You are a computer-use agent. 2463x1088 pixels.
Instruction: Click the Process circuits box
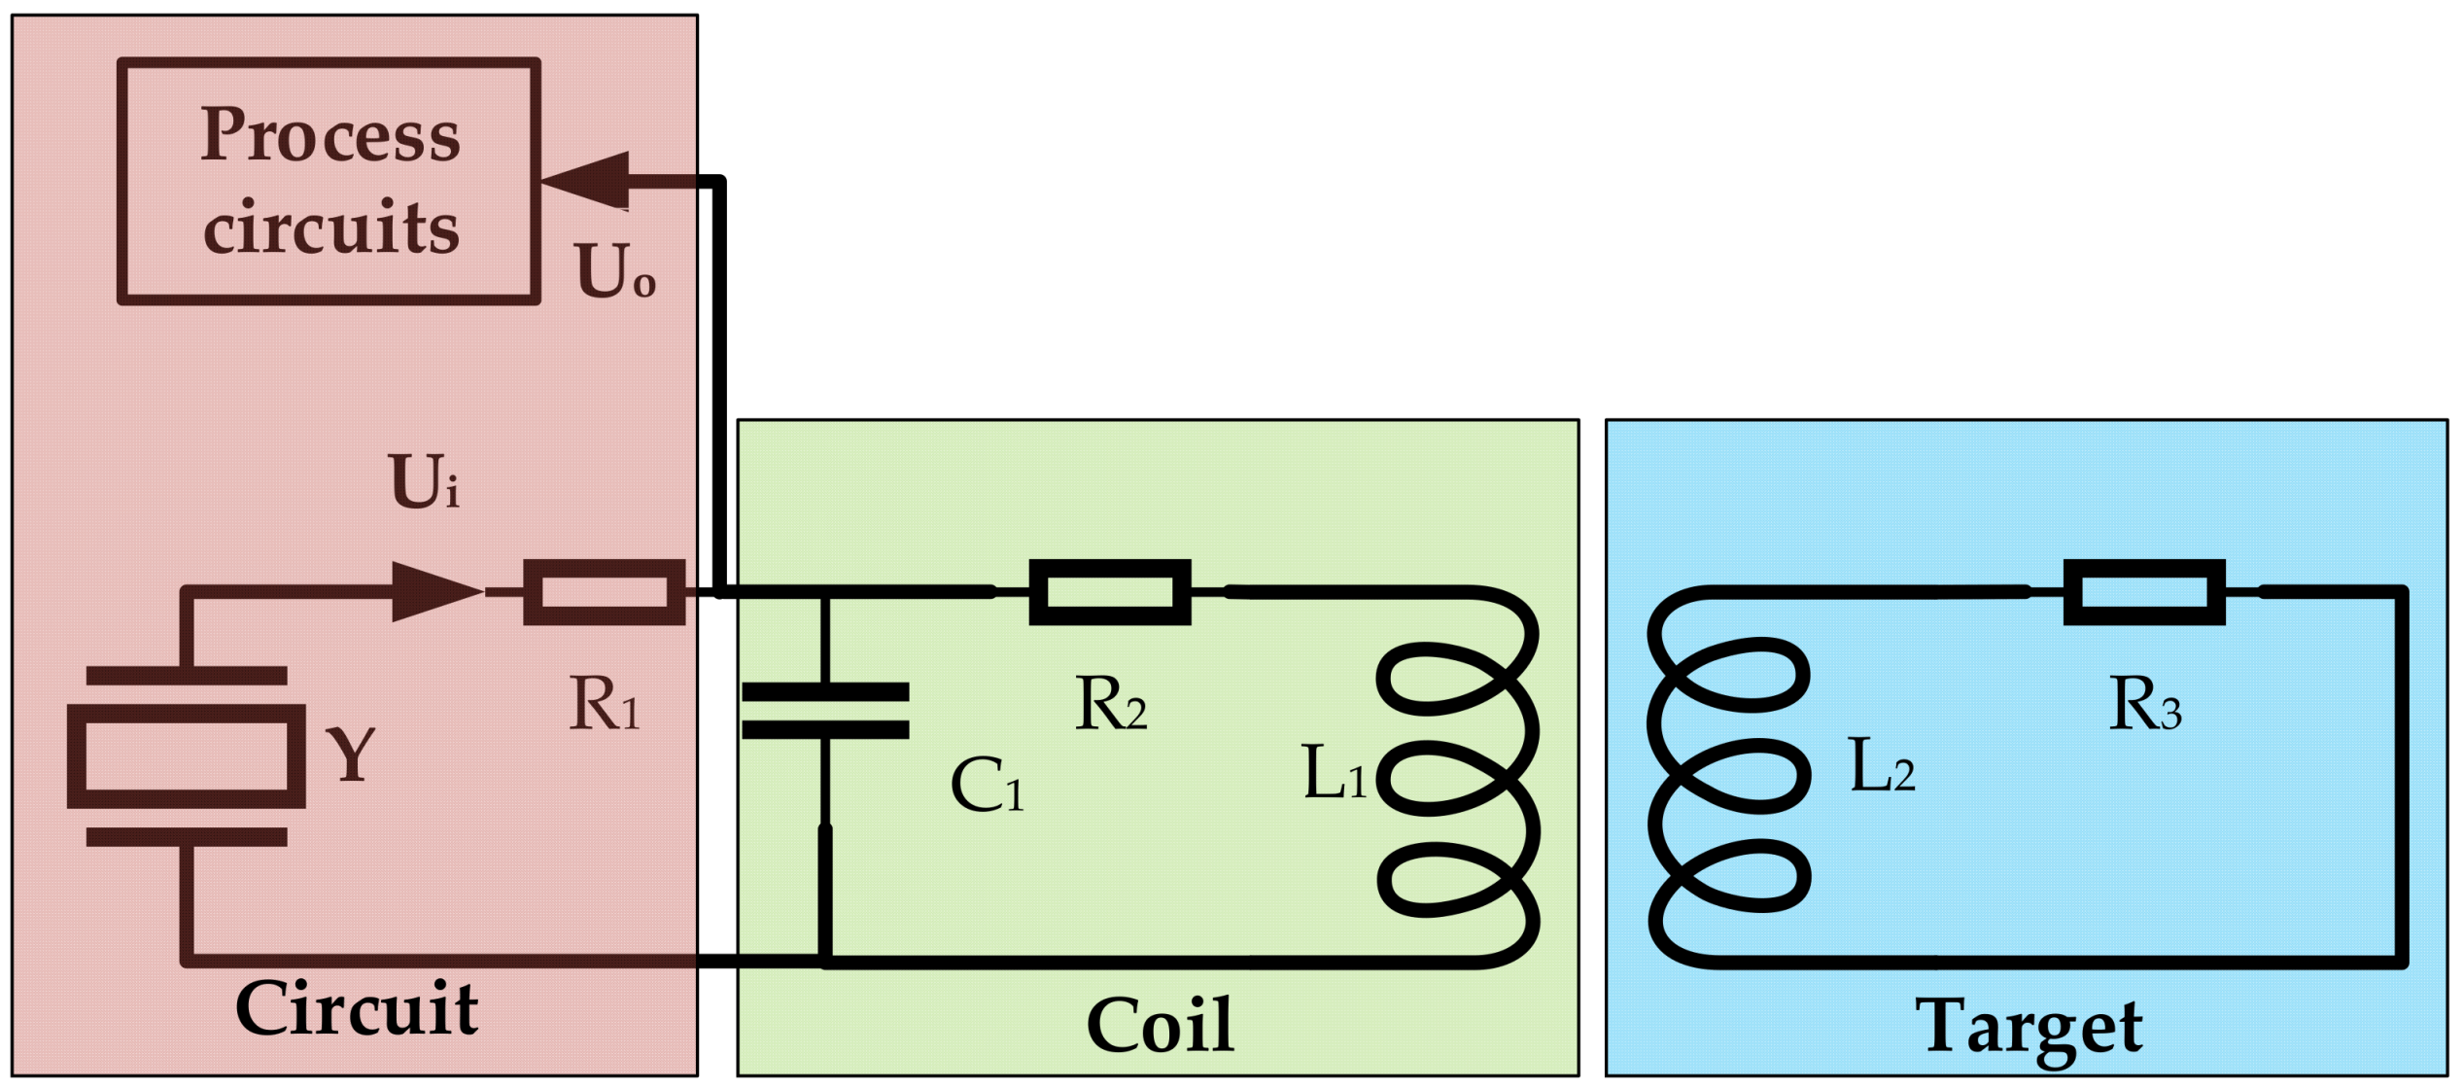tap(329, 182)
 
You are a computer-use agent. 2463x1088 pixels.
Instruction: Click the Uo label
tap(615, 270)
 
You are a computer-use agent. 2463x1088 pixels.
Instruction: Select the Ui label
tap(424, 481)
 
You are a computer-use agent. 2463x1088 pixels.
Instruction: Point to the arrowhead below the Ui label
tap(434, 591)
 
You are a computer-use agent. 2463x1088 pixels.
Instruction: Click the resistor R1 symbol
tap(604, 592)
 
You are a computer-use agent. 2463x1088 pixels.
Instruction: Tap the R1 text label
tap(604, 703)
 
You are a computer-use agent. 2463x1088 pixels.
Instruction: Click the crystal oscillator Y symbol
tap(186, 756)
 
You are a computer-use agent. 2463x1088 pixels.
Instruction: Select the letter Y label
tap(350, 755)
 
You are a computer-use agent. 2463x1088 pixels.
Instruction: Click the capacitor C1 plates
tap(825, 711)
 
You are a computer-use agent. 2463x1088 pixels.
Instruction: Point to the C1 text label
tap(986, 786)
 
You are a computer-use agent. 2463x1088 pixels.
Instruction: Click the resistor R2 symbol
tap(1110, 592)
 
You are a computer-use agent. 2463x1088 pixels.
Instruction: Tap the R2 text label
tap(1110, 703)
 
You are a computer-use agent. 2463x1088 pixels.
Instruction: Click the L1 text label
tap(1334, 773)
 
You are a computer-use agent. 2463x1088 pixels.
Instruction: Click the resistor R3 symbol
tap(2144, 592)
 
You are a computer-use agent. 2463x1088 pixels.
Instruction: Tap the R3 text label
tap(2145, 703)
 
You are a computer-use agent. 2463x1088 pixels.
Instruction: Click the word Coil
tap(1160, 1026)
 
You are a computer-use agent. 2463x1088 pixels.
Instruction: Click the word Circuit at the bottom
tap(356, 1009)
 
